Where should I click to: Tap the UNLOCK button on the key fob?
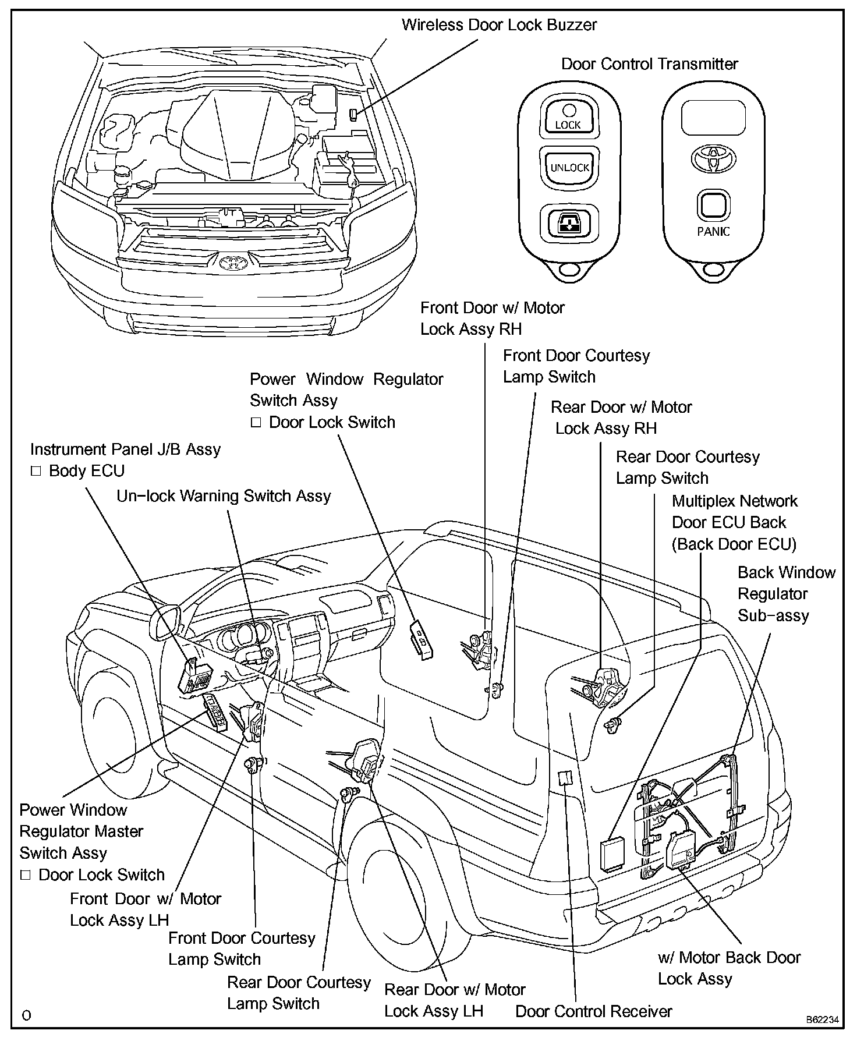[569, 168]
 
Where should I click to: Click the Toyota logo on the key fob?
[713, 158]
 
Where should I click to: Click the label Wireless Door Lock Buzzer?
[499, 25]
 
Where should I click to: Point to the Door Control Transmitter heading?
[649, 64]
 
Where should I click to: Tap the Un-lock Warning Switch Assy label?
[224, 496]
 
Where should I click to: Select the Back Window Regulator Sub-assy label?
[786, 594]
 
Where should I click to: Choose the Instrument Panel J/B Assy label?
[125, 449]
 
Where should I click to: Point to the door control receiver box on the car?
[564, 778]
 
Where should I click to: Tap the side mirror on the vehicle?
[165, 622]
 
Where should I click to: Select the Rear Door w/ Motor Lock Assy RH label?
[621, 418]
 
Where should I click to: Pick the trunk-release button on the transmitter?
[568, 222]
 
